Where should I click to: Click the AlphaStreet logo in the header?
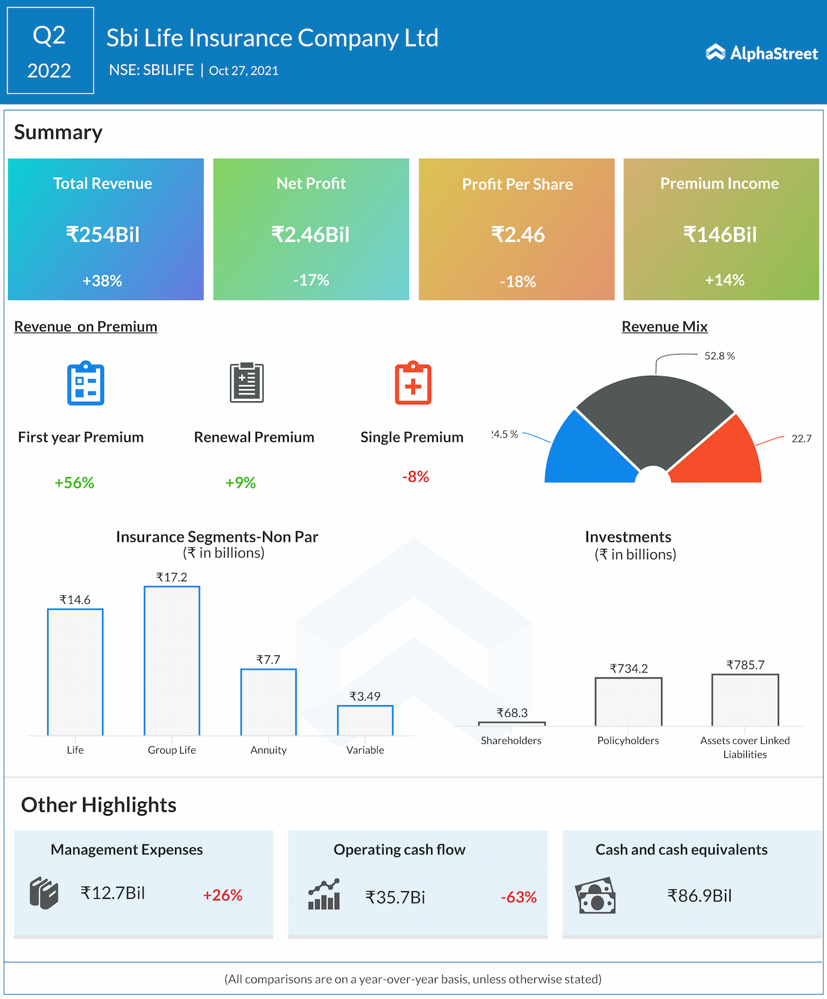(762, 53)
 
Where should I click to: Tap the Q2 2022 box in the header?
(50, 51)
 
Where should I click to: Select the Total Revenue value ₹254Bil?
(103, 234)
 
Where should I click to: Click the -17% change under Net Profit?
(311, 280)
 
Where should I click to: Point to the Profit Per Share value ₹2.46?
(518, 234)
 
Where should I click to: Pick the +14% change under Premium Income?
(724, 280)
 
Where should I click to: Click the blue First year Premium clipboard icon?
(86, 384)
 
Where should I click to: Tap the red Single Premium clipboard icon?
(413, 384)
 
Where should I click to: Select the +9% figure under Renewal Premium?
(240, 482)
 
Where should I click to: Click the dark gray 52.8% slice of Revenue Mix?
(654, 420)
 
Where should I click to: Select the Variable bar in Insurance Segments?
(365, 721)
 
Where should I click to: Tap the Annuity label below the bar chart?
(268, 750)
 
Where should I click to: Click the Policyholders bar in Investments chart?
(628, 702)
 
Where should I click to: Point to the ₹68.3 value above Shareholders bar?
(512, 713)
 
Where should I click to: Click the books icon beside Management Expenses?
(44, 893)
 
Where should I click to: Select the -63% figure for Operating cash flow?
(518, 897)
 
